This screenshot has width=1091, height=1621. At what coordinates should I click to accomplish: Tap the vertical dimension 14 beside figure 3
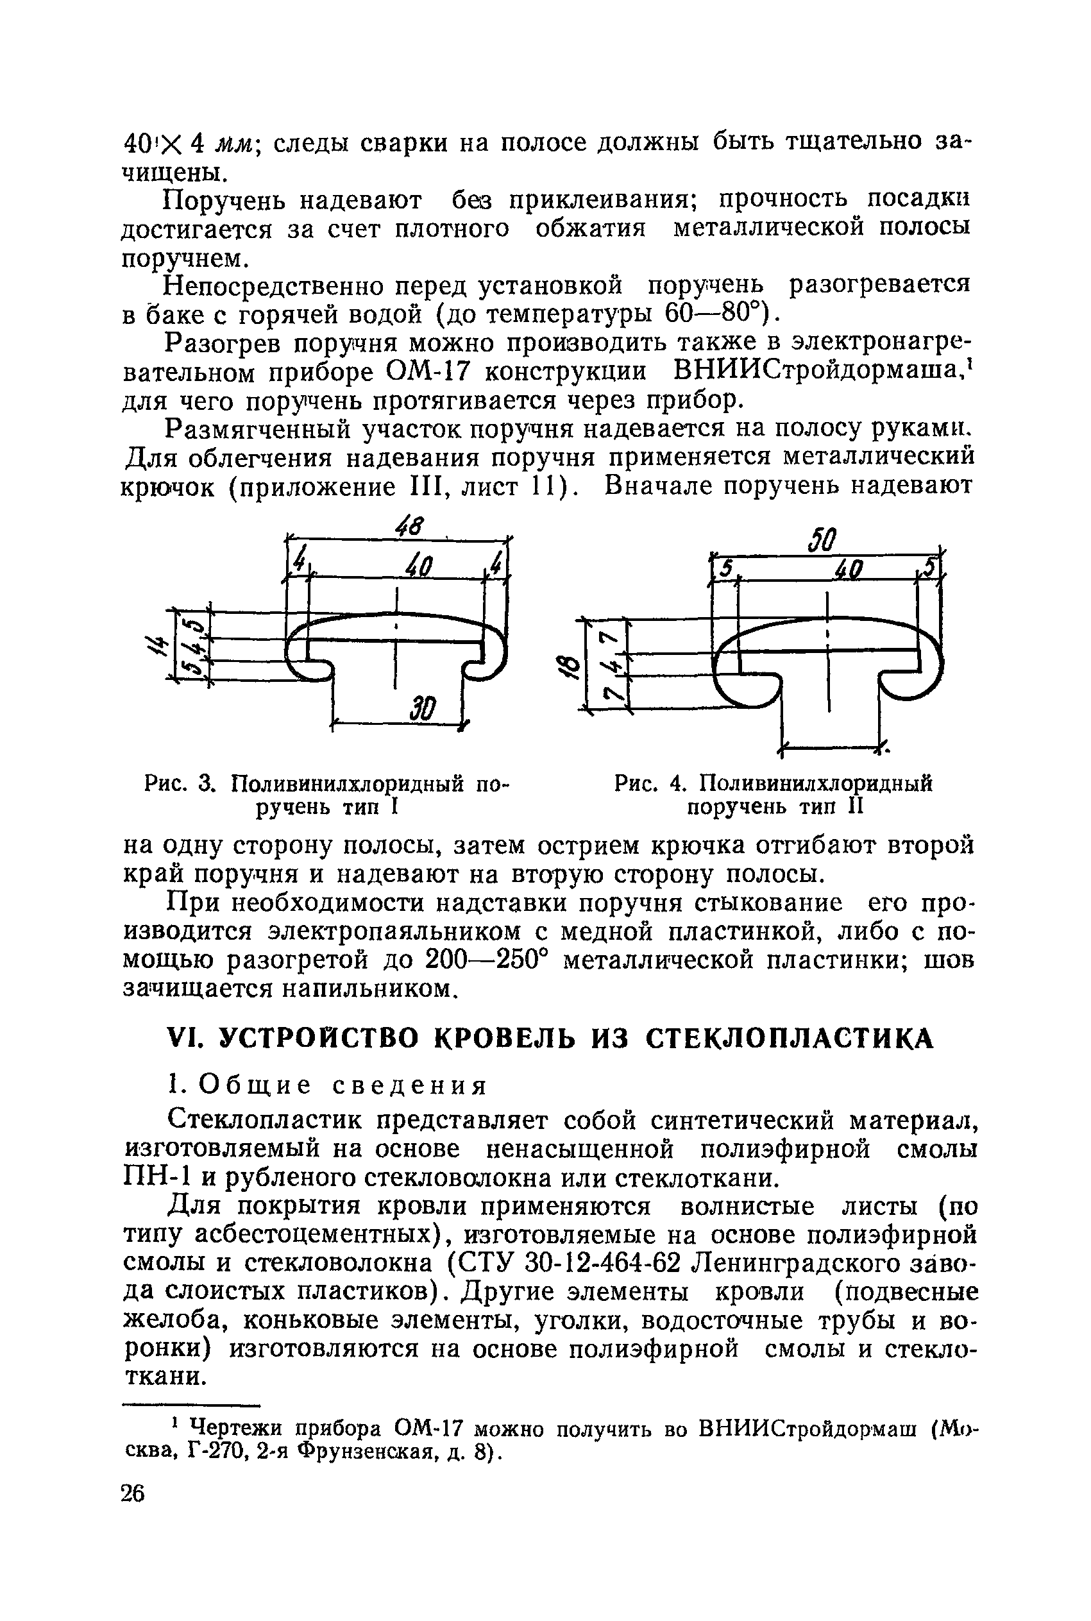pyautogui.click(x=155, y=650)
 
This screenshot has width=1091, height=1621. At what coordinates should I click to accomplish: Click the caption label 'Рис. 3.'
pyautogui.click(x=182, y=784)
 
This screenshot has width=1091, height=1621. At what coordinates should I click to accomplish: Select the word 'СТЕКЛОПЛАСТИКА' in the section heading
pyautogui.click(x=789, y=1039)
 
